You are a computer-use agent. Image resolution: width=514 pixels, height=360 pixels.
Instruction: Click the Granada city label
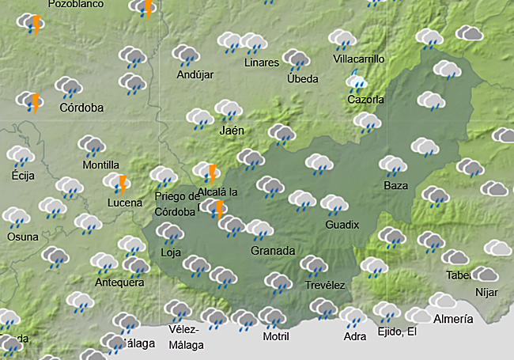273,251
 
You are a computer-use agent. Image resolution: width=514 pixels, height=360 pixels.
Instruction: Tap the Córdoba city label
81,108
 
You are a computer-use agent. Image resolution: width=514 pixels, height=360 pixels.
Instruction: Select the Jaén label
232,131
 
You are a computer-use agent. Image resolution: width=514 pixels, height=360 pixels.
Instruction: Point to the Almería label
454,319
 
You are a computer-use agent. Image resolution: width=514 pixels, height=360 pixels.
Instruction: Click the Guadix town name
342,225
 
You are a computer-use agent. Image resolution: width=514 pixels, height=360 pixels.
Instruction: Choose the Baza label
395,186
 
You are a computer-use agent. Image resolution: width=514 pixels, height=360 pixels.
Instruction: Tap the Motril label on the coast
275,336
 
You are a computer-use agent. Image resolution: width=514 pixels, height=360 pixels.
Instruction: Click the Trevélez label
325,286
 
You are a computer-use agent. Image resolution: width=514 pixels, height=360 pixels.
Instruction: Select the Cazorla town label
365,100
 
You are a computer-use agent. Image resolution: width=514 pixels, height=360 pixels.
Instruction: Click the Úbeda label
302,78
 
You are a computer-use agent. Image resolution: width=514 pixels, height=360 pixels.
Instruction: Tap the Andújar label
195,75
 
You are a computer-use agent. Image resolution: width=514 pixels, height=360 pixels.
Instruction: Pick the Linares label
262,63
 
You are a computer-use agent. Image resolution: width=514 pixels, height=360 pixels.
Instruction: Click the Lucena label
125,203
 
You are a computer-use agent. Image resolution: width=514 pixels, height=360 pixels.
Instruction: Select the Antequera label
119,282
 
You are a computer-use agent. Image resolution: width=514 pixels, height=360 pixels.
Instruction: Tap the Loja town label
171,253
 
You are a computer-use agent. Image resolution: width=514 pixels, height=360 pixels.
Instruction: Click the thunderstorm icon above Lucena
119,184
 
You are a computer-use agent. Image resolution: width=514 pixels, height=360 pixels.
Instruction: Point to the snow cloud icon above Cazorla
357,81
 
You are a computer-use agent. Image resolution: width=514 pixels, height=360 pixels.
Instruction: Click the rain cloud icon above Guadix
334,205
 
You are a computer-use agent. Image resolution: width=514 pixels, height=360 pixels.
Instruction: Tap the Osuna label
22,237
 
